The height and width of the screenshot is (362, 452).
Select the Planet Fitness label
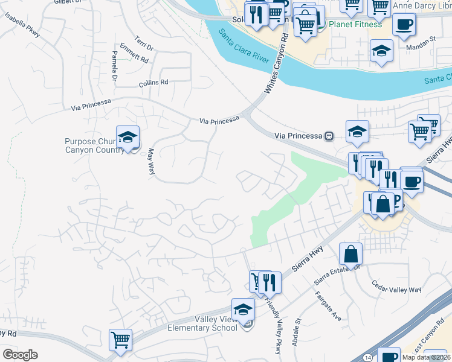click(x=355, y=25)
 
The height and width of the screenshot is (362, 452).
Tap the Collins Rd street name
click(x=153, y=83)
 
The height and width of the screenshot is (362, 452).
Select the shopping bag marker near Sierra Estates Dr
click(x=350, y=255)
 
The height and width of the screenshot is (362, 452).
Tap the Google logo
click(x=20, y=355)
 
